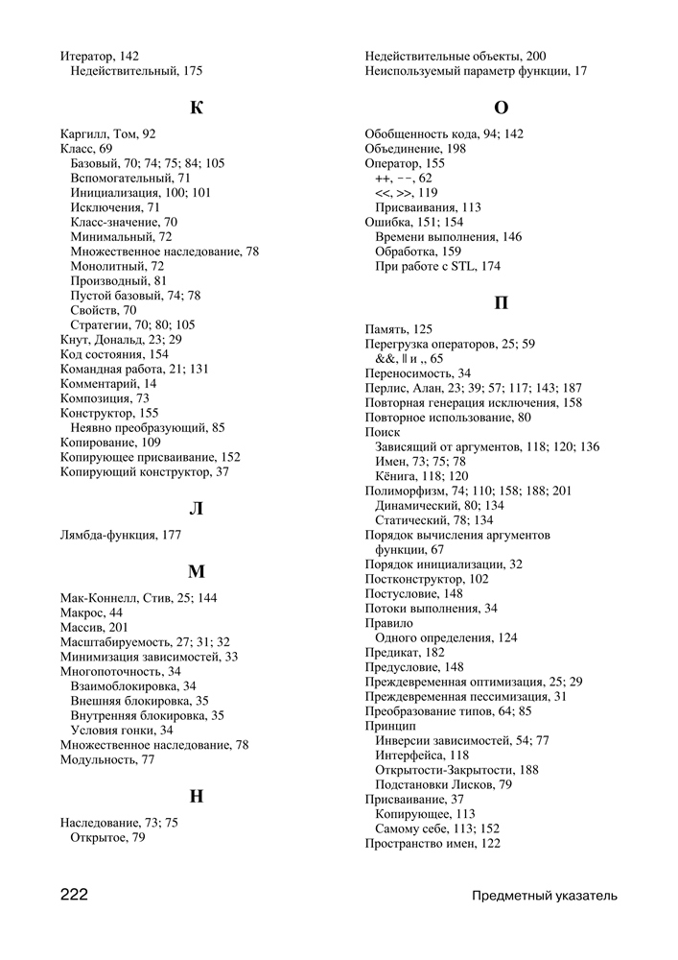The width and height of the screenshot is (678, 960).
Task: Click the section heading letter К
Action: point(197,108)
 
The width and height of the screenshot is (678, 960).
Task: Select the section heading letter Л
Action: point(197,509)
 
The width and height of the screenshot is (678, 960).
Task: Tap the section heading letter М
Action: point(197,572)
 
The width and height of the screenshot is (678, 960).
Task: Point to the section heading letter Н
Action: point(197,796)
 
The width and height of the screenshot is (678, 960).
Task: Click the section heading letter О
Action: point(501,108)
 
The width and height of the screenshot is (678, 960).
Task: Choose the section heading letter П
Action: point(501,304)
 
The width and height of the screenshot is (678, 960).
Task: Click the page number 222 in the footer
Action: point(75,896)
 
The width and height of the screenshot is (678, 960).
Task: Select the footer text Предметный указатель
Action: point(544,897)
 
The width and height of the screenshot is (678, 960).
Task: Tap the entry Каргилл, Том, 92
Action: point(107,134)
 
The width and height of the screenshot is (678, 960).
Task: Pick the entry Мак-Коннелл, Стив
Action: point(138,598)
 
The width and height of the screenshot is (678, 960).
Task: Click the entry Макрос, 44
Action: point(91,612)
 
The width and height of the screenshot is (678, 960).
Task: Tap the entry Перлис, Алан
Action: point(473,388)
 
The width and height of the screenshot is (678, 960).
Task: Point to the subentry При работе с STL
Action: point(437,266)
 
